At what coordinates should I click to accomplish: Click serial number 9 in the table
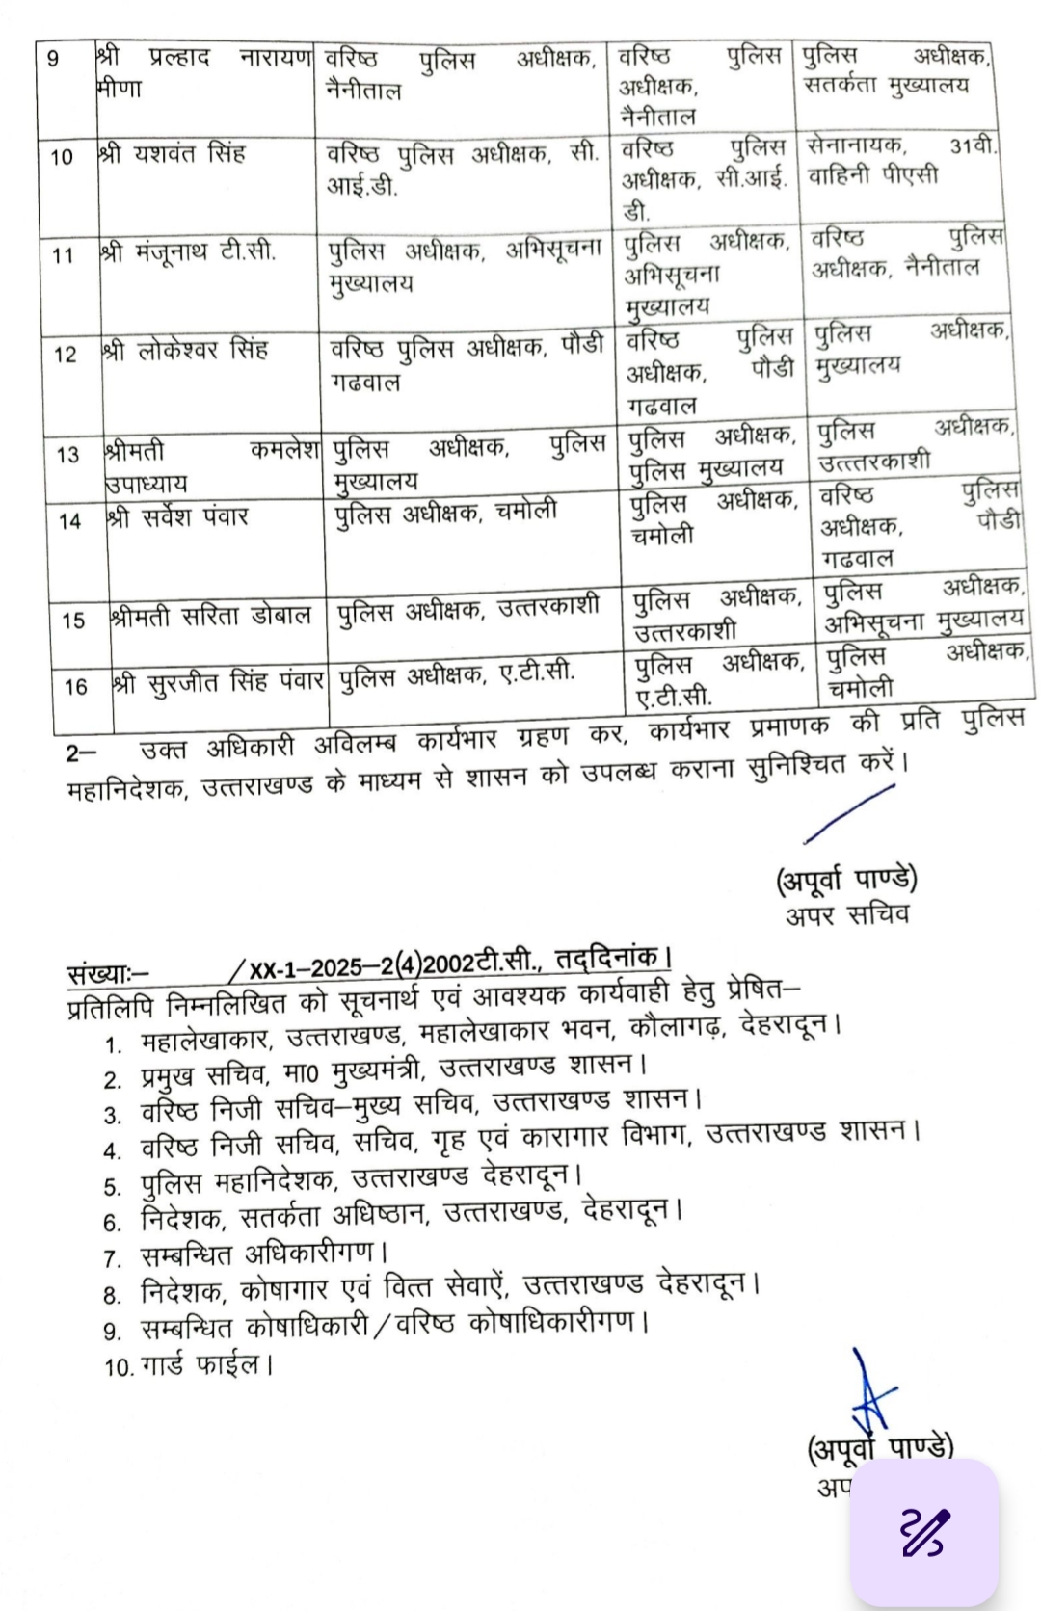(x=53, y=60)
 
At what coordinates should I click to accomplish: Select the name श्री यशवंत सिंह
(x=173, y=153)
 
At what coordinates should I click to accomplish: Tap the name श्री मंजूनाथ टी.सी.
(x=189, y=252)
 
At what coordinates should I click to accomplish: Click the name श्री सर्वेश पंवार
(x=179, y=517)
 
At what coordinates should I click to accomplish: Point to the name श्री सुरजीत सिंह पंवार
(x=219, y=682)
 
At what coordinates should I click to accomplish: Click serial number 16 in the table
(x=76, y=687)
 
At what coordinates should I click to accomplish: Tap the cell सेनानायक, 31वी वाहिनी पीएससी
(x=902, y=161)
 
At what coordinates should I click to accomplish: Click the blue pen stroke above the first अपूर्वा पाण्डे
(x=849, y=815)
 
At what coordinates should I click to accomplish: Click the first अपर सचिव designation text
(x=847, y=913)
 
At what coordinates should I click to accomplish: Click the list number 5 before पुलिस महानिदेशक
(x=113, y=1187)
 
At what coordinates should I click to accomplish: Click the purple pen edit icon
(x=924, y=1532)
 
